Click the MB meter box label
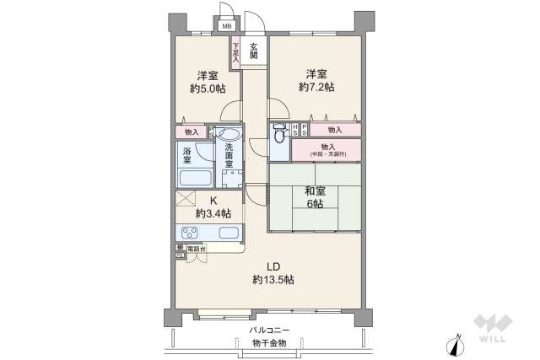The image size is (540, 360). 226,25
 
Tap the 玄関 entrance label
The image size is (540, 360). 253,52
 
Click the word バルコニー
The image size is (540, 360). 269,330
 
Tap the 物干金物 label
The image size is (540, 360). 269,343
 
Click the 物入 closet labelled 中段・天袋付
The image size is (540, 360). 326,150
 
